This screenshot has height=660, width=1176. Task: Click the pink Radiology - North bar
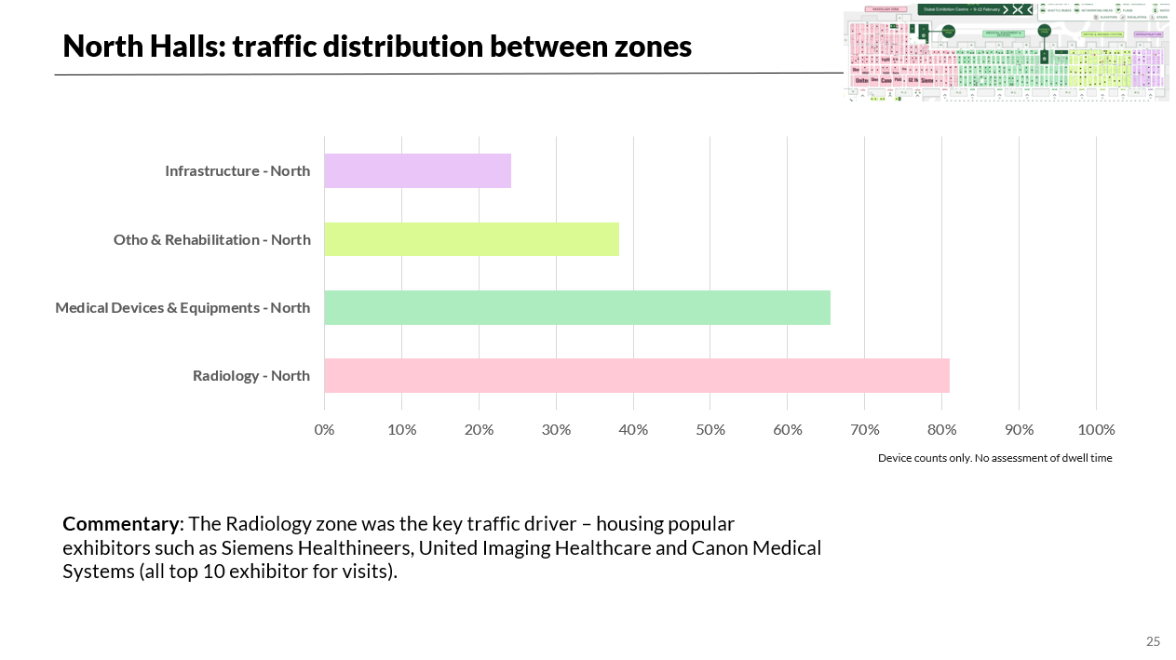(x=637, y=376)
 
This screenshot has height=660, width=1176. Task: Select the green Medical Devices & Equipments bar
(x=577, y=308)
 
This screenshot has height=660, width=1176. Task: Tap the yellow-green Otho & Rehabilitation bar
(x=471, y=239)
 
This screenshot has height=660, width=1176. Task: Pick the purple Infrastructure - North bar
(x=417, y=171)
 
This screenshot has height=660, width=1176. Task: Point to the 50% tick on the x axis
(x=710, y=429)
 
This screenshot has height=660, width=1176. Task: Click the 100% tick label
(x=1096, y=429)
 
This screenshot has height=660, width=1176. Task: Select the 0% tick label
(x=324, y=429)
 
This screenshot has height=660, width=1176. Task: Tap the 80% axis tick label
(x=941, y=429)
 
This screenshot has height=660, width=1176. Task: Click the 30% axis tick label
(x=556, y=429)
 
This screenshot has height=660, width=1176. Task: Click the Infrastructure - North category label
(x=237, y=171)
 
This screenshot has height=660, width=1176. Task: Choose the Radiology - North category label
(x=251, y=376)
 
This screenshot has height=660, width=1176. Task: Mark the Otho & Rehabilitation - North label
(x=212, y=240)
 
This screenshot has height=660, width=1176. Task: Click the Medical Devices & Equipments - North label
(x=182, y=308)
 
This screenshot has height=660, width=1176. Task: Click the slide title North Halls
(x=377, y=46)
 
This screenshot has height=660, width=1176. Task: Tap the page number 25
(x=1153, y=641)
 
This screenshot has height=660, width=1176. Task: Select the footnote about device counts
(x=994, y=458)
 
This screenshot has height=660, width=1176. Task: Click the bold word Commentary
(x=120, y=523)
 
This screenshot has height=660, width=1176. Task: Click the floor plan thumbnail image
(x=1006, y=50)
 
